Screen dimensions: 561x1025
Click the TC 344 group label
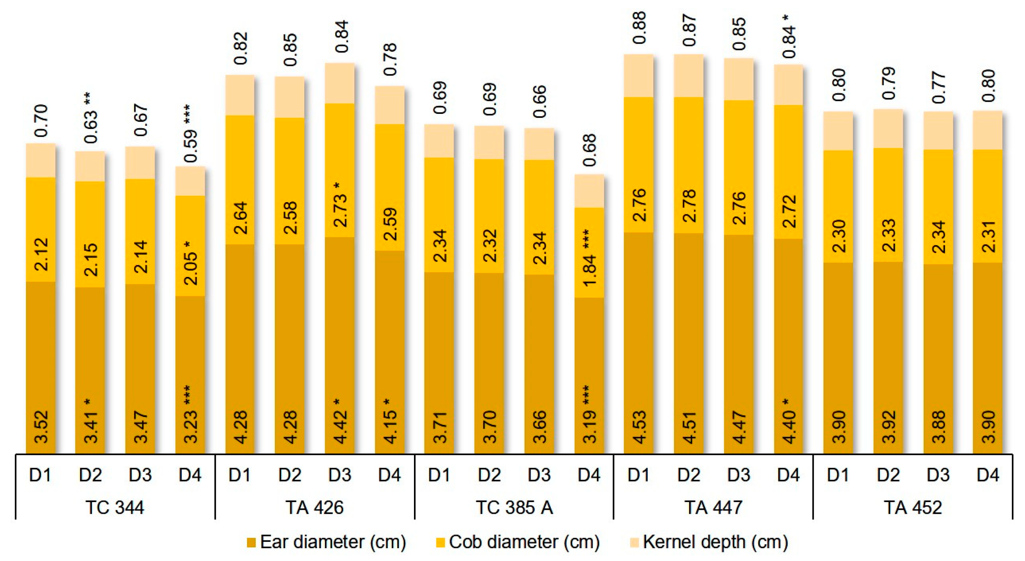[x=115, y=507]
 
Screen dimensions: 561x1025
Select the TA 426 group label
[x=314, y=507]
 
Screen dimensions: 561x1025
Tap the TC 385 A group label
[x=514, y=507]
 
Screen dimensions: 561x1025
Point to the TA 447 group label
[x=713, y=507]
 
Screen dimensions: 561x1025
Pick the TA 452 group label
[x=913, y=507]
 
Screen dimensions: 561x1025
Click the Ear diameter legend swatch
[x=251, y=542]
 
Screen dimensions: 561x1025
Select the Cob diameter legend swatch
[x=440, y=542]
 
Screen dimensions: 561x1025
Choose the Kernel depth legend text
[x=715, y=542]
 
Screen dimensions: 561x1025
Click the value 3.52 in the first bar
[x=41, y=427]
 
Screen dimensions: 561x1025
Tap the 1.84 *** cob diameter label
[x=589, y=258]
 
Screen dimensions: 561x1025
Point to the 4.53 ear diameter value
[x=639, y=427]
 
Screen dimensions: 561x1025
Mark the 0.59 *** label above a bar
[x=191, y=133]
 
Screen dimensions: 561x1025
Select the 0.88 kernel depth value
[x=639, y=28]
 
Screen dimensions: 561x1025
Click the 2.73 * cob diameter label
[x=340, y=204]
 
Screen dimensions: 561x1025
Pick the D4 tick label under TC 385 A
[x=589, y=475]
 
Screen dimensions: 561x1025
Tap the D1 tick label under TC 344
[x=40, y=475]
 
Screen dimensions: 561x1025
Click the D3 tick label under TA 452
[x=938, y=475]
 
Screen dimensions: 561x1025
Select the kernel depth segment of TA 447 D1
[x=639, y=76]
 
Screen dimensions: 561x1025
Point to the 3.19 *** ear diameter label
[x=589, y=414]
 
